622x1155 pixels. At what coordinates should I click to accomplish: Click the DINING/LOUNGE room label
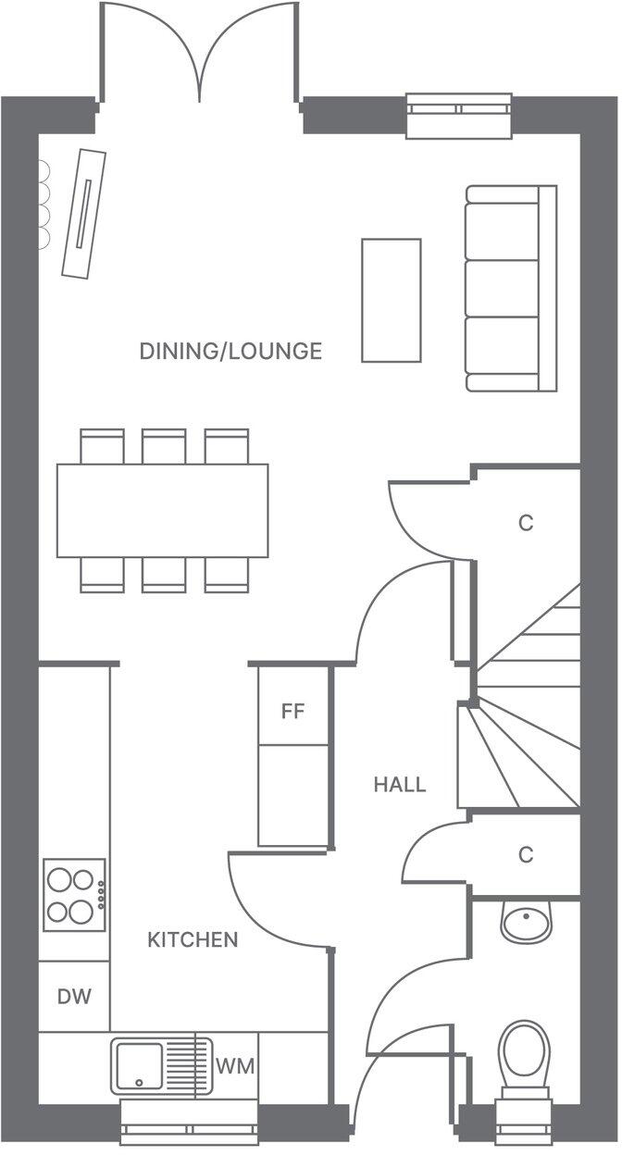coord(230,352)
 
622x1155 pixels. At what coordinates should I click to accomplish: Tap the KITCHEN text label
coord(193,940)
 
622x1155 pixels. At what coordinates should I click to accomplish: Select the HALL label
coord(400,785)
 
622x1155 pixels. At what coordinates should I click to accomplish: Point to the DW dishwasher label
coord(74,997)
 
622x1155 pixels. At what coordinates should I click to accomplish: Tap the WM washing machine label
coord(235,1065)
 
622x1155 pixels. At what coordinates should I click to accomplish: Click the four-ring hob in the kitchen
coord(74,895)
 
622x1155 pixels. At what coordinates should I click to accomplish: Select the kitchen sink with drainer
coord(163,1065)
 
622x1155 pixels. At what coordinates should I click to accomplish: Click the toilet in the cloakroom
coord(524,1055)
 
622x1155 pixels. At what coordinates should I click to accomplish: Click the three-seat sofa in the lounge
coord(511,288)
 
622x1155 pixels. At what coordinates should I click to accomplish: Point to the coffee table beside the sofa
coord(391,300)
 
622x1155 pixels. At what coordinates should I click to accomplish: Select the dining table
coord(163,511)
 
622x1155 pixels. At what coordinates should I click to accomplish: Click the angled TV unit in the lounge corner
coord(83,213)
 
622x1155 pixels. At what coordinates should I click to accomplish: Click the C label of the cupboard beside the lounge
coord(526,523)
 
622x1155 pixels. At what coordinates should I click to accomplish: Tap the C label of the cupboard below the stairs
coord(526,855)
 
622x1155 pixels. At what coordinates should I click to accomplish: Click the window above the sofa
coord(459,115)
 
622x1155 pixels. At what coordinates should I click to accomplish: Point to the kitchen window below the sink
coord(190,1129)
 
